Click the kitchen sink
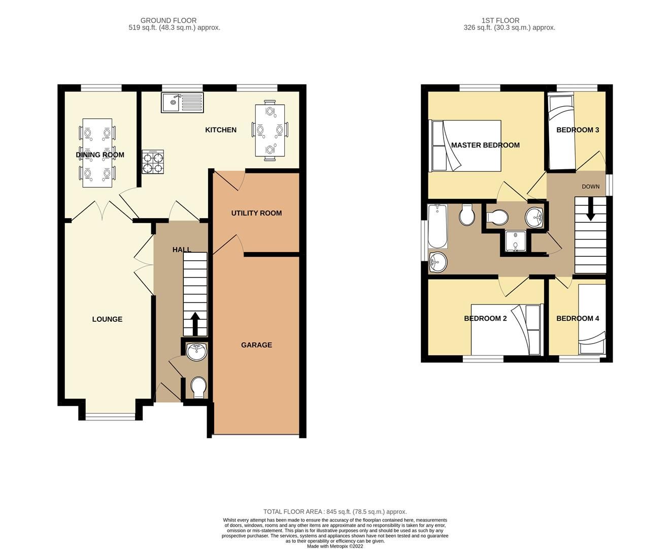(x=182, y=103)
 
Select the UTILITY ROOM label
(x=256, y=213)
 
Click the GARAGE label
(x=256, y=345)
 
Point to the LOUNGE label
(x=107, y=319)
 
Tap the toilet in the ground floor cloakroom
(x=198, y=387)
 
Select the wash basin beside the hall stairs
(x=196, y=351)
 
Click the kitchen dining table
(x=270, y=130)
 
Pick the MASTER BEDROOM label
(x=485, y=145)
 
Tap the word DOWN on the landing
(x=590, y=187)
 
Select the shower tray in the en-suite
(x=515, y=241)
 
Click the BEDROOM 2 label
(x=485, y=318)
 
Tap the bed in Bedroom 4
(x=592, y=319)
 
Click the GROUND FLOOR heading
(x=169, y=20)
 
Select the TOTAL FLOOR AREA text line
(x=335, y=512)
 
